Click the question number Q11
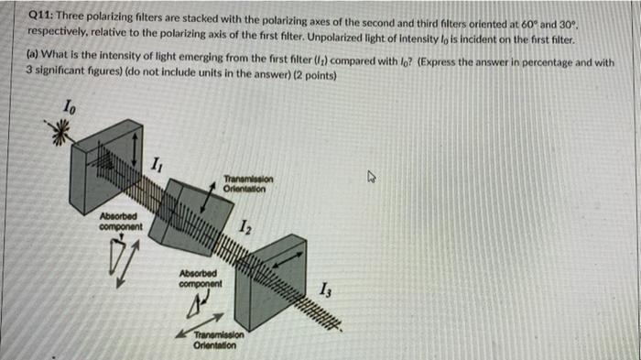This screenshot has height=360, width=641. pyautogui.click(x=40, y=16)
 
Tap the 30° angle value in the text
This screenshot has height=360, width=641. pyautogui.click(x=567, y=25)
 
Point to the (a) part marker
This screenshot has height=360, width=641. pyautogui.click(x=33, y=54)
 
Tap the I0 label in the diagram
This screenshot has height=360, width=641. pyautogui.click(x=69, y=107)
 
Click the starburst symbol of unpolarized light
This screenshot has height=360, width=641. pyautogui.click(x=59, y=132)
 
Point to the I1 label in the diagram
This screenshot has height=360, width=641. pyautogui.click(x=157, y=165)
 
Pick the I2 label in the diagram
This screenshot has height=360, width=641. pyautogui.click(x=245, y=227)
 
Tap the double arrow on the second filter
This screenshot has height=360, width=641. pyautogui.click(x=208, y=198)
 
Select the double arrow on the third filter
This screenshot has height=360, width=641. pyautogui.click(x=288, y=260)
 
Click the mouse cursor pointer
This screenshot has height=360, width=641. pyautogui.click(x=371, y=177)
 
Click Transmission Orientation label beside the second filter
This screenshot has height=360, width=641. pyautogui.click(x=248, y=184)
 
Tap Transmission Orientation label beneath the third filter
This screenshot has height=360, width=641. pyautogui.click(x=219, y=340)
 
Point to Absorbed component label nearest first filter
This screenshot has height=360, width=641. pyautogui.click(x=121, y=222)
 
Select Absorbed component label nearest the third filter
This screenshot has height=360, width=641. pyautogui.click(x=201, y=278)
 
